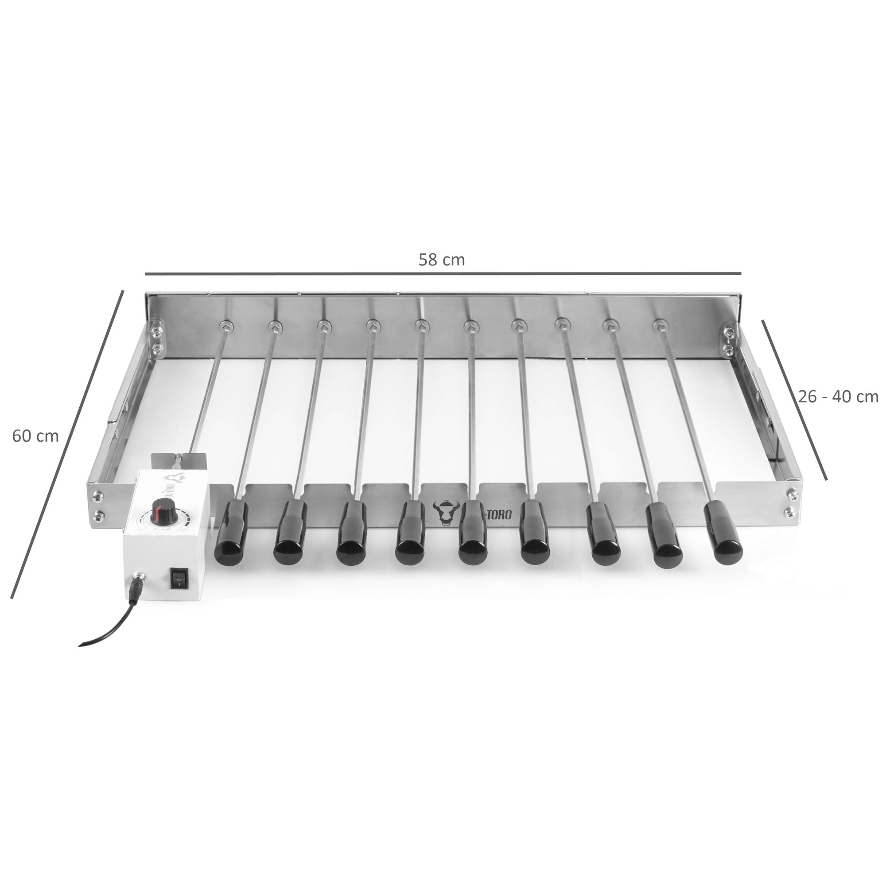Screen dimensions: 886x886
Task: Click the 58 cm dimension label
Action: (441, 260)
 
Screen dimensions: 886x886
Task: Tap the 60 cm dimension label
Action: (35, 435)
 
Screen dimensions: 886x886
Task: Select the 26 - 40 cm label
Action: (838, 396)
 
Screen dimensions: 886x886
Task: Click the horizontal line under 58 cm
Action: (443, 274)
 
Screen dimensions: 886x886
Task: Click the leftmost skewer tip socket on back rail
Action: (226, 326)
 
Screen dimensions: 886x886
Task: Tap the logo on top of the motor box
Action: (173, 478)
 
